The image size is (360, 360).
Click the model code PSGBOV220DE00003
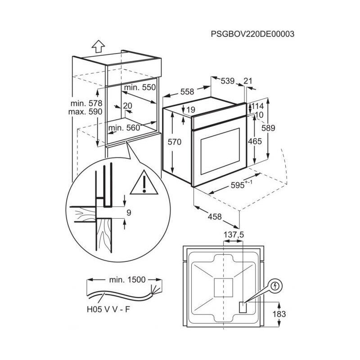(x=252, y=34)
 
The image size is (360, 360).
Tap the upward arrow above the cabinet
(x=98, y=46)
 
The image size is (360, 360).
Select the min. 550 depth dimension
(x=140, y=87)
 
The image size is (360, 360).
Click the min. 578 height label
(x=86, y=103)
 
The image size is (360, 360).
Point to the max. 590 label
(x=85, y=112)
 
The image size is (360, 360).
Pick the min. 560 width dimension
(x=124, y=128)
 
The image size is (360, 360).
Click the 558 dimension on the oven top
(x=187, y=92)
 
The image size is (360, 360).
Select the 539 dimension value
(x=228, y=81)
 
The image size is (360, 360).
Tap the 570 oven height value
(x=175, y=142)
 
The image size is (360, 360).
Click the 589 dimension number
(x=268, y=128)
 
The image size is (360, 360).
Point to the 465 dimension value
(x=255, y=141)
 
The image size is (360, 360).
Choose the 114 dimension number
(x=257, y=106)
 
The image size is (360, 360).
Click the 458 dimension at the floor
(x=215, y=216)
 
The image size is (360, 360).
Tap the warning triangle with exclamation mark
(x=144, y=182)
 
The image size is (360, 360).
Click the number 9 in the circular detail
(x=129, y=212)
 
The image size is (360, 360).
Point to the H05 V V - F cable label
(x=108, y=309)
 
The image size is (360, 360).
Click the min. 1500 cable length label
(x=127, y=279)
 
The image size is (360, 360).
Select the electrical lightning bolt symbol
(x=275, y=286)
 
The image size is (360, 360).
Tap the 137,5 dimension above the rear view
(x=234, y=234)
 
